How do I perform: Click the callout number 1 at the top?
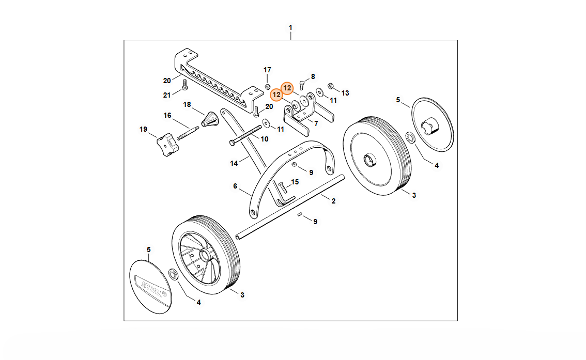click(x=290, y=27)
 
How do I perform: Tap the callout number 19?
click(x=143, y=129)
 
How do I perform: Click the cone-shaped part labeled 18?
click(x=209, y=119)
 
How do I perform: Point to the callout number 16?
click(x=167, y=115)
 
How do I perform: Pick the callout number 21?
click(x=166, y=95)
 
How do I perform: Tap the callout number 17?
click(x=267, y=70)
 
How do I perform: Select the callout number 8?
click(x=313, y=76)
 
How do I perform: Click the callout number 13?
click(x=345, y=93)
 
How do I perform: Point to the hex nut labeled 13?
click(x=331, y=86)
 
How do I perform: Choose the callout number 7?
click(x=316, y=123)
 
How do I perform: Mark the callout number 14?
click(x=234, y=163)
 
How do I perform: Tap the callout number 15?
click(x=295, y=182)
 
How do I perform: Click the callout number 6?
click(x=235, y=186)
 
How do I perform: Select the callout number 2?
click(x=333, y=201)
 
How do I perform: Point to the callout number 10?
click(x=264, y=139)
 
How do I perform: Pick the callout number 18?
click(x=187, y=104)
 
